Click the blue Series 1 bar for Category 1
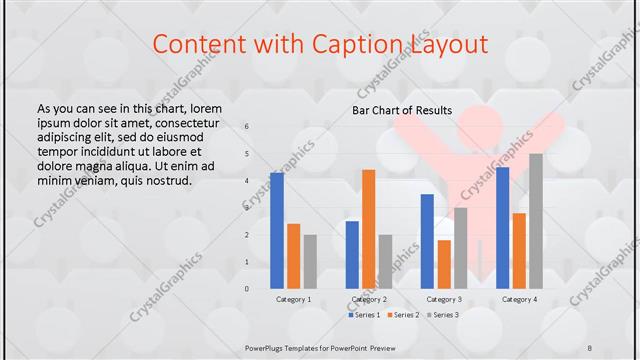point(277,231)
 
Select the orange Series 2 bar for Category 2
point(368,229)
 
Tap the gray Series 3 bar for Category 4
point(536,221)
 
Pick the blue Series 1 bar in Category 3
point(427,241)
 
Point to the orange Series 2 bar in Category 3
point(444,264)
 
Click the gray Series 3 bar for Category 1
point(310,262)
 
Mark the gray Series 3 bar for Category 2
point(385,262)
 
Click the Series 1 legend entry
point(364,315)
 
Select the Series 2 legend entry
point(403,315)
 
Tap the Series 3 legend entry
point(442,315)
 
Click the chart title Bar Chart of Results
point(402,110)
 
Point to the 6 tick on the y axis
point(247,127)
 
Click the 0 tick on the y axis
point(247,289)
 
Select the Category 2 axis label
point(368,299)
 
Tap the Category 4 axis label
point(519,299)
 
